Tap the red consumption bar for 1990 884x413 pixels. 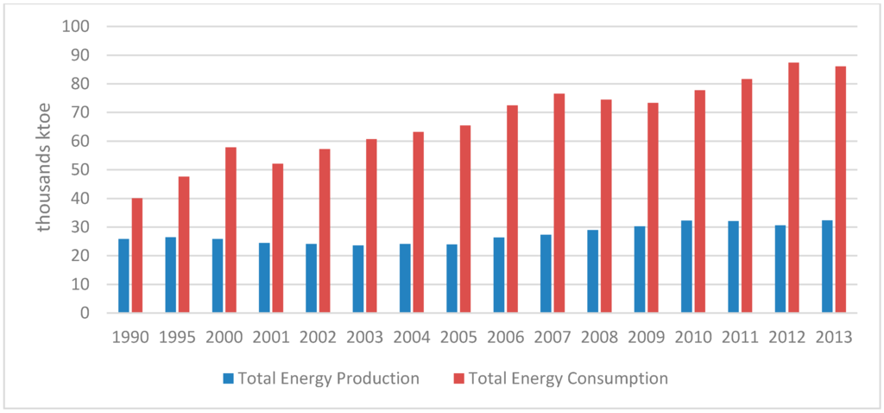[x=137, y=256]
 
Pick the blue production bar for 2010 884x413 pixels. [x=686, y=266]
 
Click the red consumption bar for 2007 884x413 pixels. [x=559, y=203]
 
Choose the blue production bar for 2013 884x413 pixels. [x=827, y=266]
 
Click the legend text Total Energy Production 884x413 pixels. [x=328, y=378]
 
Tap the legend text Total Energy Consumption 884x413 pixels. [x=569, y=378]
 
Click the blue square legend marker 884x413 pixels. [x=228, y=378]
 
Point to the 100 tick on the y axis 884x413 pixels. [x=77, y=27]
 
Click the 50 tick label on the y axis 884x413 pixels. [x=80, y=170]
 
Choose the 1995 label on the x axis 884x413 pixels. [x=177, y=336]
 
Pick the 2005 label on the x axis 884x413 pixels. [x=458, y=336]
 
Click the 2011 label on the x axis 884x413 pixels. [x=739, y=336]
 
